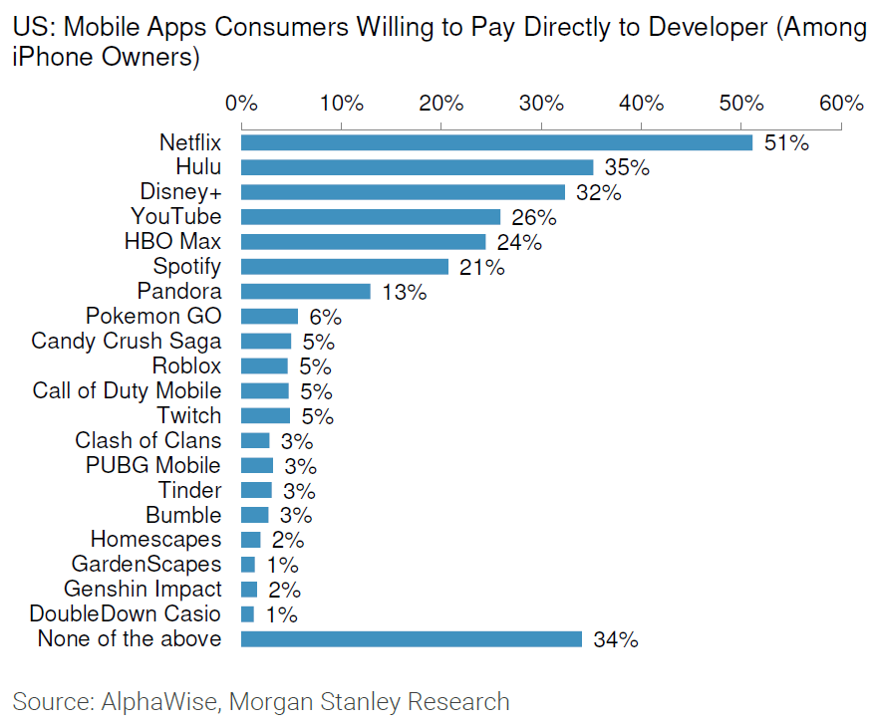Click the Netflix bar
click(x=496, y=142)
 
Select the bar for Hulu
click(x=417, y=167)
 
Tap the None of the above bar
click(x=411, y=639)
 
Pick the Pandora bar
click(x=305, y=292)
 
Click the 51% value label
click(x=786, y=143)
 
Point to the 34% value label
click(x=615, y=640)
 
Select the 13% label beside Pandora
click(x=405, y=293)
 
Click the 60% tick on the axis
click(x=841, y=104)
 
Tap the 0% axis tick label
click(x=241, y=104)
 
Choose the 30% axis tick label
click(x=541, y=104)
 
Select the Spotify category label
click(x=187, y=267)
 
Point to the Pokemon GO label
click(x=153, y=317)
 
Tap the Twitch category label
click(x=189, y=415)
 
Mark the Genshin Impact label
click(x=143, y=589)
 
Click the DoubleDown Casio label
click(x=126, y=613)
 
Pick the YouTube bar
click(x=371, y=217)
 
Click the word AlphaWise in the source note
click(x=159, y=701)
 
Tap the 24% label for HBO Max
click(x=519, y=243)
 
